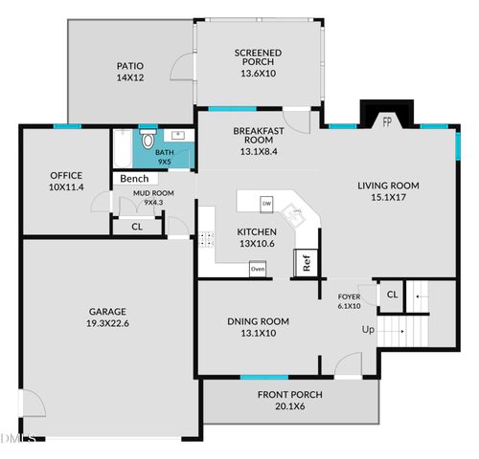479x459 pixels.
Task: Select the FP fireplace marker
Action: click(388, 121)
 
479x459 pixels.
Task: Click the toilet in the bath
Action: click(147, 142)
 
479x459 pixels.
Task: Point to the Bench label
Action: click(134, 179)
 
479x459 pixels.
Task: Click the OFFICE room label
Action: click(66, 175)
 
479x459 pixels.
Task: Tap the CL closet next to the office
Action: click(136, 227)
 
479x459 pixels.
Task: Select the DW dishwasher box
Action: click(267, 204)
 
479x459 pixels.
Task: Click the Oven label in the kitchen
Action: click(257, 270)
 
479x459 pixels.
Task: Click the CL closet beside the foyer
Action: click(392, 295)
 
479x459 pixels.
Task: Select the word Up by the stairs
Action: click(367, 330)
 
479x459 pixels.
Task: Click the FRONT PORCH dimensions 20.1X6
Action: click(289, 405)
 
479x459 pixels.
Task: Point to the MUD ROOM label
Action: click(153, 193)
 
